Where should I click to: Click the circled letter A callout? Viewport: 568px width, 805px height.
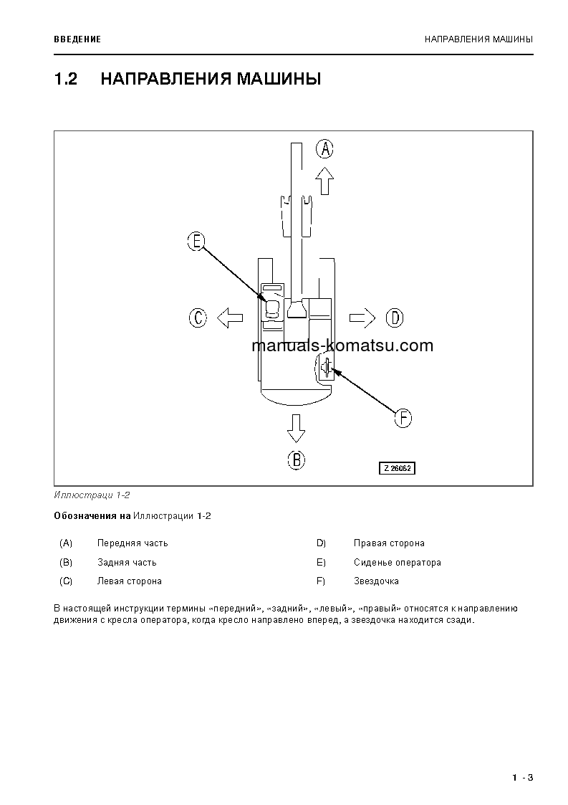click(325, 148)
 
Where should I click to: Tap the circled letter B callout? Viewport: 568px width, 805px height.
click(296, 459)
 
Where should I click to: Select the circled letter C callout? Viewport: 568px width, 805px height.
click(198, 317)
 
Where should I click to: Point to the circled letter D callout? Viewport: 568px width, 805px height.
click(395, 317)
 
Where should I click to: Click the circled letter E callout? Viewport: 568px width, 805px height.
click(196, 242)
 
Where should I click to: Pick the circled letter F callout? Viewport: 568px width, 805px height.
click(403, 418)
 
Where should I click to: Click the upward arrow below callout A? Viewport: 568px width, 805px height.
click(325, 181)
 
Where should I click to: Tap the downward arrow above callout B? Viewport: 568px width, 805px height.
click(296, 428)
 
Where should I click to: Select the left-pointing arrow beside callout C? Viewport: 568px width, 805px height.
click(230, 317)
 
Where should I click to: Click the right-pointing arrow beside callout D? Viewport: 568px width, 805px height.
click(362, 317)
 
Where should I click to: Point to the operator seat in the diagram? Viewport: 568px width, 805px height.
click(272, 309)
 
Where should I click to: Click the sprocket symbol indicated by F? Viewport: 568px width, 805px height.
click(326, 368)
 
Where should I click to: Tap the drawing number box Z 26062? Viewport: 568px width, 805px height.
click(398, 468)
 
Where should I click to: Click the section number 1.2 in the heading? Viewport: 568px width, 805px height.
click(65, 79)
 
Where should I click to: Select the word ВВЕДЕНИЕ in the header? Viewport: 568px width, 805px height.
click(77, 39)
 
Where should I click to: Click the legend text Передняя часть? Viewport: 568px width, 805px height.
click(133, 543)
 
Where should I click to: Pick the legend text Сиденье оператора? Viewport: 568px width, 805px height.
click(397, 563)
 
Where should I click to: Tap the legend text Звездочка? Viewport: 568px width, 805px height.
click(376, 581)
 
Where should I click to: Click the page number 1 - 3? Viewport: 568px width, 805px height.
click(523, 778)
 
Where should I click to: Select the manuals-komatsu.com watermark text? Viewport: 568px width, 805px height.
click(342, 346)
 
